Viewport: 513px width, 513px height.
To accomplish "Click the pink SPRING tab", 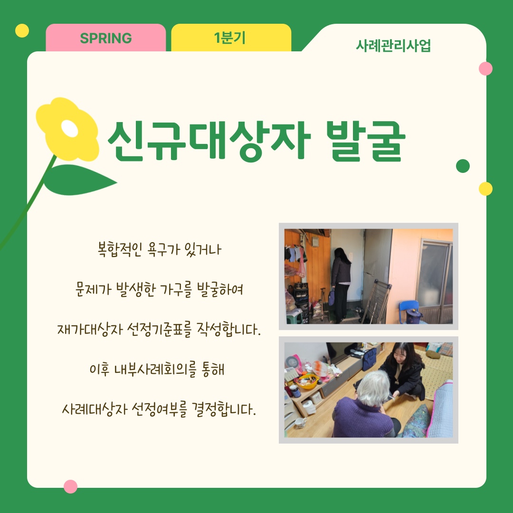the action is tap(105, 38).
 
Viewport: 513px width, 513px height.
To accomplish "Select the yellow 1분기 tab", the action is tap(231, 38).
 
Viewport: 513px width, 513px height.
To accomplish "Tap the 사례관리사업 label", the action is tap(393, 46).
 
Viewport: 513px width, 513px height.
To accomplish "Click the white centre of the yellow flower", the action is tap(69, 129).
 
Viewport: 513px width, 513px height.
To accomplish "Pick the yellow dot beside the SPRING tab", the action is tap(22, 31).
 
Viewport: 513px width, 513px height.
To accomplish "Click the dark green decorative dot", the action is tap(463, 166).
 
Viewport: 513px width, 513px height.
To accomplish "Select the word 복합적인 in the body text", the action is tap(120, 250).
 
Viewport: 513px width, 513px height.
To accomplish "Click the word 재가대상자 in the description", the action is tap(90, 330).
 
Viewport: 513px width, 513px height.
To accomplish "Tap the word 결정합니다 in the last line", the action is tap(223, 409).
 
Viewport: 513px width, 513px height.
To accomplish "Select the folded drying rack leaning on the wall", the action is tap(376, 301).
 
